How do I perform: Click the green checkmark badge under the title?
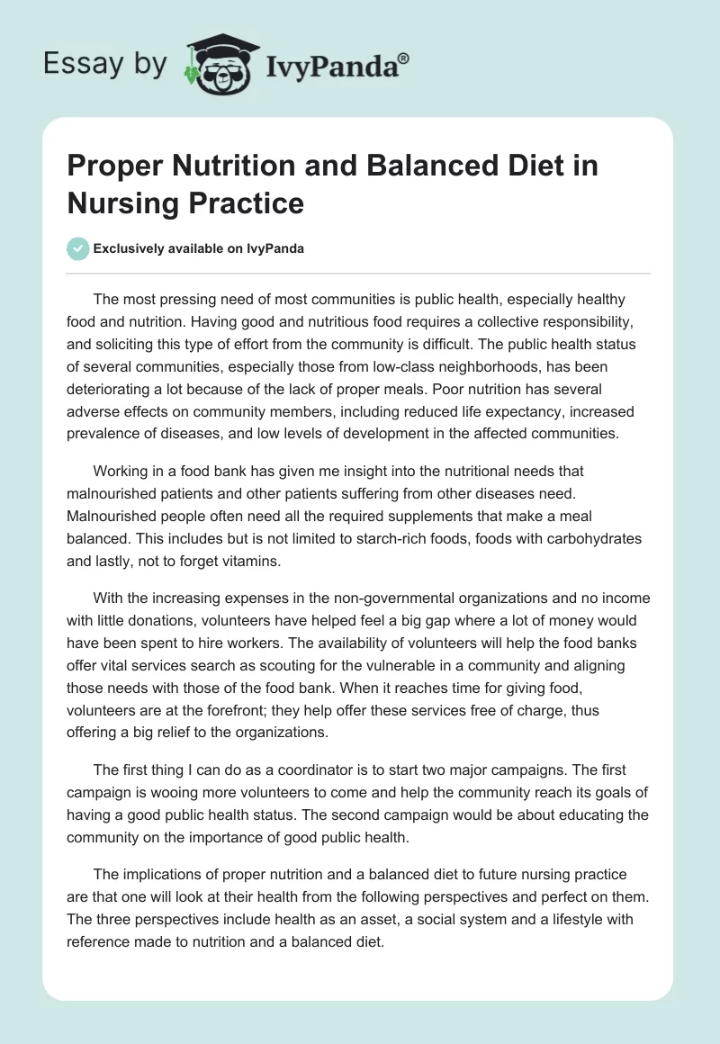coord(78,248)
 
